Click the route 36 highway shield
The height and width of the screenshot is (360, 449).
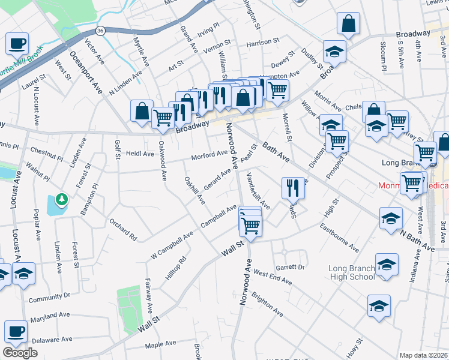[101, 31]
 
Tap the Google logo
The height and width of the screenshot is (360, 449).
[20, 353]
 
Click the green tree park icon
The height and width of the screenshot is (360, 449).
[61, 198]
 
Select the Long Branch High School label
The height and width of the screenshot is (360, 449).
[352, 272]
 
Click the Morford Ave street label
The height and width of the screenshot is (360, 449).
[209, 156]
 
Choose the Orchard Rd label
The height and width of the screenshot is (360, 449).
[122, 226]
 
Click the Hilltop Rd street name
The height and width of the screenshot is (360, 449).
[175, 267]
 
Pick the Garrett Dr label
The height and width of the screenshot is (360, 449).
[290, 266]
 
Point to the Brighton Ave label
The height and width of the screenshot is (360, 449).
[268, 304]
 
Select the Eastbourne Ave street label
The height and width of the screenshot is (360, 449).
[339, 238]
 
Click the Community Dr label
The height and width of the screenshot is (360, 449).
[49, 297]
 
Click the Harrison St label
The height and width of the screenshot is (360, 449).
[263, 42]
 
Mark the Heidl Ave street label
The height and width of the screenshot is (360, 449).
[140, 154]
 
